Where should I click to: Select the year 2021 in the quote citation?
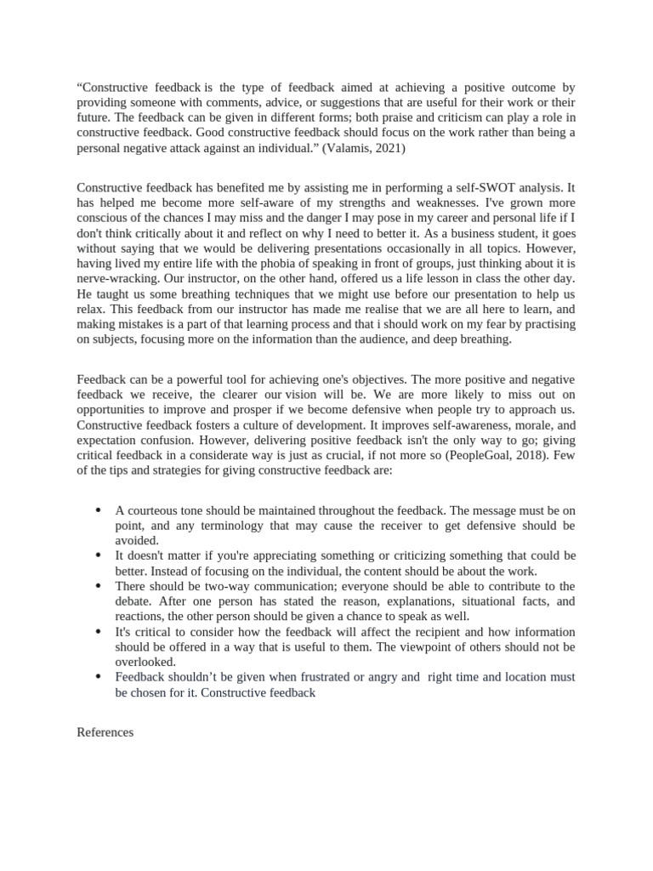[x=392, y=149]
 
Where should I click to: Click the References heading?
[x=105, y=732]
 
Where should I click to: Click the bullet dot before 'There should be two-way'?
[x=99, y=586]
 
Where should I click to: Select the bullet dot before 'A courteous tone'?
[x=99, y=510]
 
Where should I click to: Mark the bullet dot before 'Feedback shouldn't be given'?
[x=99, y=677]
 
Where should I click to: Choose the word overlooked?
[x=145, y=662]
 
